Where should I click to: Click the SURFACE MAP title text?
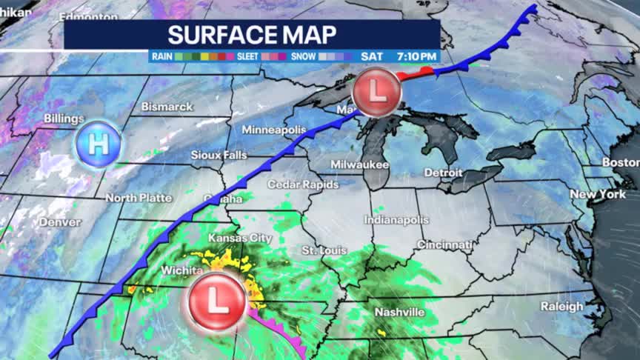[x=252, y=34]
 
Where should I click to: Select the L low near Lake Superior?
[x=376, y=93]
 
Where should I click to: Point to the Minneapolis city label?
[x=273, y=130]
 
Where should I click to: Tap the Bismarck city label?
[x=167, y=107]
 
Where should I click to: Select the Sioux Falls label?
[x=219, y=155]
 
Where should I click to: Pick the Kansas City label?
[x=239, y=239]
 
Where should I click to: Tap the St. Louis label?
[x=324, y=251]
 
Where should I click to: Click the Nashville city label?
[x=399, y=312]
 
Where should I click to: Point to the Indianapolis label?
[x=396, y=220]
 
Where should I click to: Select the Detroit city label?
[x=443, y=173]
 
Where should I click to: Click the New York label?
[x=598, y=194]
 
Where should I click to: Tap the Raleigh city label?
[x=561, y=306]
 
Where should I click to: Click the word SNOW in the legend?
[x=303, y=56]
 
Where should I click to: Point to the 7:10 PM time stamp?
[x=416, y=56]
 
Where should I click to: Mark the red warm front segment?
[x=414, y=73]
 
